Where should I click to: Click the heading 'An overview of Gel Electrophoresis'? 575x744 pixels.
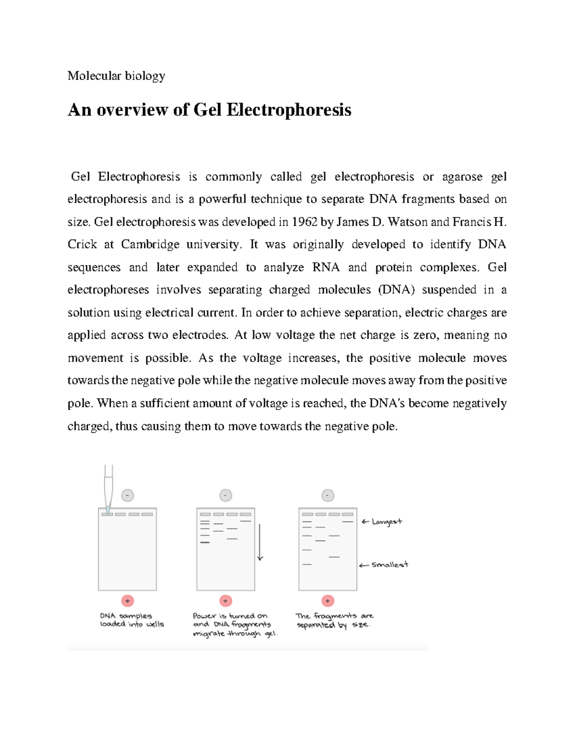(209, 110)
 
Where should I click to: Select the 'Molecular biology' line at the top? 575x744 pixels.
(116, 76)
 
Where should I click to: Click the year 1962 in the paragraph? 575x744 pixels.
(304, 222)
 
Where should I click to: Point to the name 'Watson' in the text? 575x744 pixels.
(407, 222)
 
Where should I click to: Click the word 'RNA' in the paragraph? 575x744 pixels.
(326, 267)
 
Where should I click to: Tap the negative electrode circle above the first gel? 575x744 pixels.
(127, 495)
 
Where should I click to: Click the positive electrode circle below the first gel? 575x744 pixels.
(127, 601)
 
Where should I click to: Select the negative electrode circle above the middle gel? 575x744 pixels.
(226, 495)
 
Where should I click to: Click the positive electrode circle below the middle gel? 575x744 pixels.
(226, 601)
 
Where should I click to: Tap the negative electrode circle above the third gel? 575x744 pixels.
(328, 495)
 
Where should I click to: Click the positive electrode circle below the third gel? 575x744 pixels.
(328, 601)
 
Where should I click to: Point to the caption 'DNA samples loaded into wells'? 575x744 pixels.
(132, 620)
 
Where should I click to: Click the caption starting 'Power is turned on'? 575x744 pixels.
(235, 625)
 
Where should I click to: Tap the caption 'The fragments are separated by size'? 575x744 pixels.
(334, 620)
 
